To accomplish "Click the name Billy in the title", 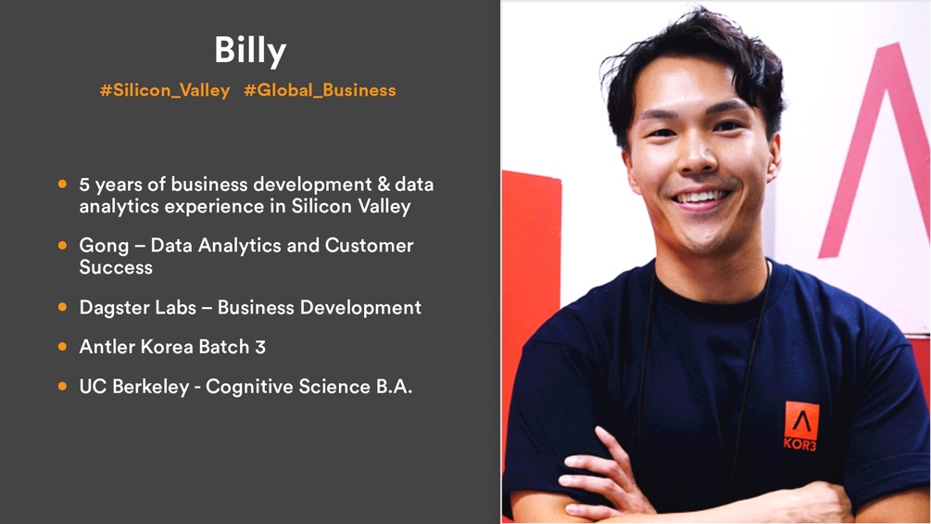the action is coord(250,51).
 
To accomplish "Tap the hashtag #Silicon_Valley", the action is coord(165,90).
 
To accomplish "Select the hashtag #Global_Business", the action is coord(320,90).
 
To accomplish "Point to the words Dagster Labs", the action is coord(138,308).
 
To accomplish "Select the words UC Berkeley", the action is coord(134,387).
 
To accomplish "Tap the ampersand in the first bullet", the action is coord(384,185).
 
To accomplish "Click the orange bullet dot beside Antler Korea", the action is coord(62,346).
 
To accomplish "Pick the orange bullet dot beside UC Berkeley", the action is coord(62,386).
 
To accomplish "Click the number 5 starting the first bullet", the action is coord(84,185).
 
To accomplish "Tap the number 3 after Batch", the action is coord(260,347).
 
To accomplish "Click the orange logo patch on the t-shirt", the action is coord(801,421).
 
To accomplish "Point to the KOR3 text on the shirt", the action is coord(799,444).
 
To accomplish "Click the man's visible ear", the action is coord(774,158).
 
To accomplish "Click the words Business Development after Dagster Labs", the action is coord(320,308).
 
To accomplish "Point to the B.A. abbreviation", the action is coord(394,387).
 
